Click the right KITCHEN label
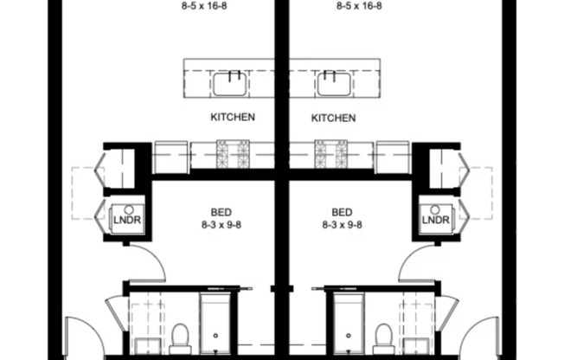pos(333,117)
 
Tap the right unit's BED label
pos(342,211)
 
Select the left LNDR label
pos(126,220)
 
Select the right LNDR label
pos(436,220)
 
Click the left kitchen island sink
pos(231,84)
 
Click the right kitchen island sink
pos(333,84)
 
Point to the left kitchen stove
pos(233,155)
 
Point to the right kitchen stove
pos(330,155)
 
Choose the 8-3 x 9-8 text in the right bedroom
pos(342,223)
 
